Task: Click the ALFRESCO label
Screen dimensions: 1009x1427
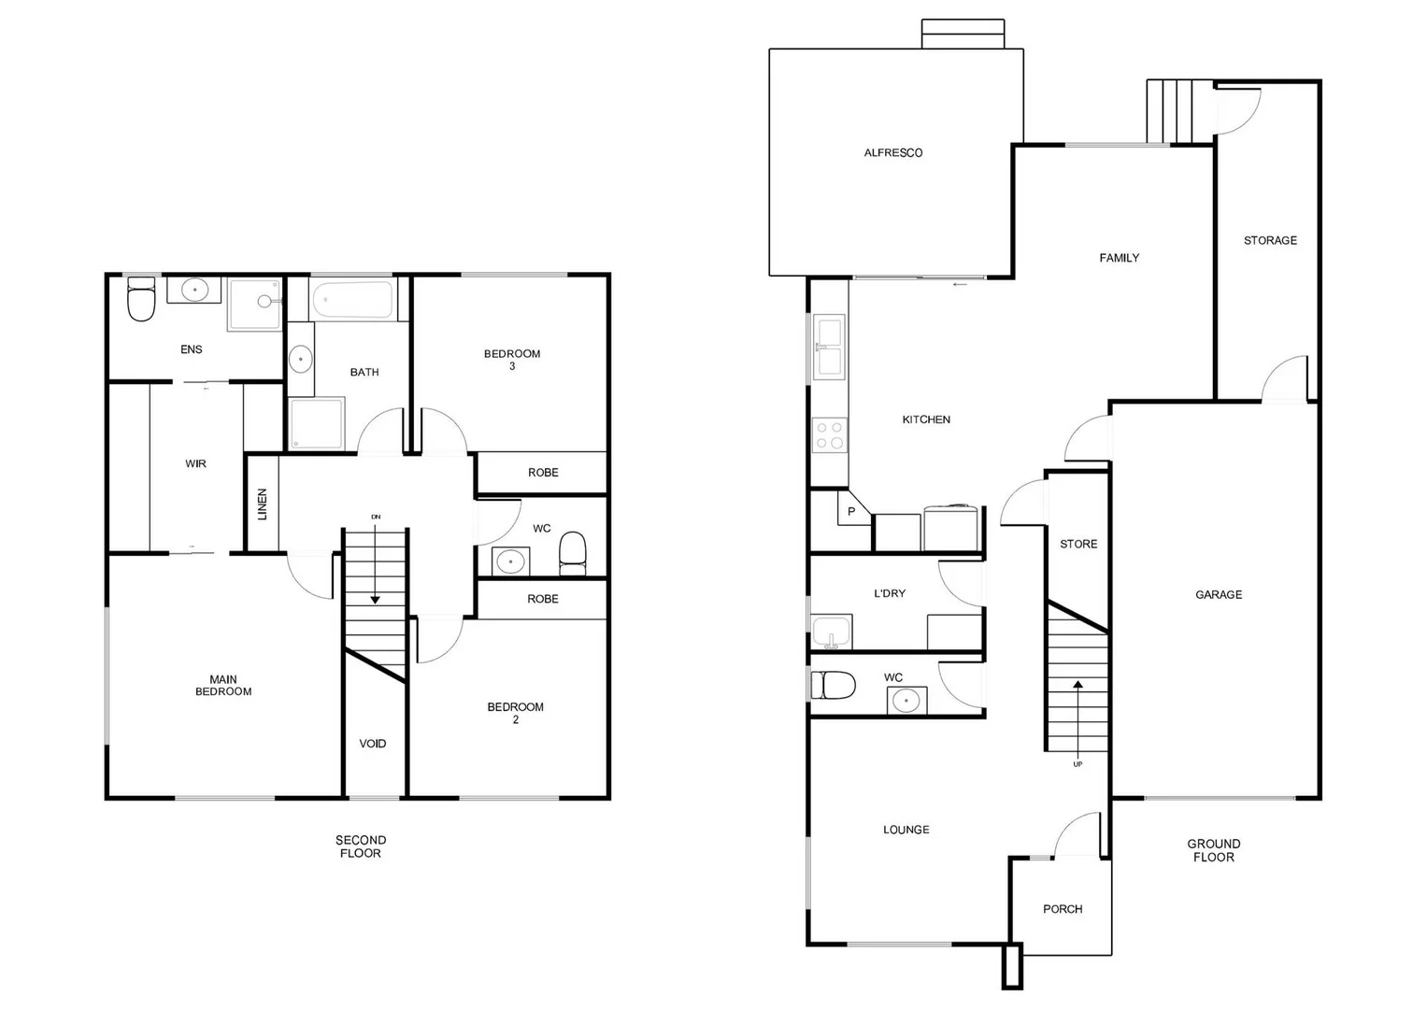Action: tap(892, 153)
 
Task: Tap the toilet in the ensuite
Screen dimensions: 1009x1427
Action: tap(141, 299)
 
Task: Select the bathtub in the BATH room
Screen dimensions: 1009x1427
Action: tap(352, 300)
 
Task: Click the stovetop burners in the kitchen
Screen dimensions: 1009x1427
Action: tap(829, 435)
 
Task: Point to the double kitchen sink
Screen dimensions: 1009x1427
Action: tap(829, 347)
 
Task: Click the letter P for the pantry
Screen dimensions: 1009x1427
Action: tap(851, 512)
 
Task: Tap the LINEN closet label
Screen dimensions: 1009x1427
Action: tap(263, 504)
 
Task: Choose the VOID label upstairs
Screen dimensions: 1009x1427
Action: tap(373, 744)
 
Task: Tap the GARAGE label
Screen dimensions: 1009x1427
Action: tap(1219, 595)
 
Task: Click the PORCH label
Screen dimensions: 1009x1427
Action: tap(1063, 909)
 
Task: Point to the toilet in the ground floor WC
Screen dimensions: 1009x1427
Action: tap(833, 686)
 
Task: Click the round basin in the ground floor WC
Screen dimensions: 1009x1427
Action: tap(906, 700)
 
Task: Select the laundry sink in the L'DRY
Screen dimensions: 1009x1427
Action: tap(831, 632)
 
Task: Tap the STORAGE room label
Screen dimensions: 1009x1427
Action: tap(1270, 241)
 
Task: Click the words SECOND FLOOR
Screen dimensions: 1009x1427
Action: tap(361, 846)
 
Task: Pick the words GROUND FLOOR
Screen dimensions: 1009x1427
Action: tap(1214, 850)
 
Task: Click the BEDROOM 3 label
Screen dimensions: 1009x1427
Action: tap(512, 360)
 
